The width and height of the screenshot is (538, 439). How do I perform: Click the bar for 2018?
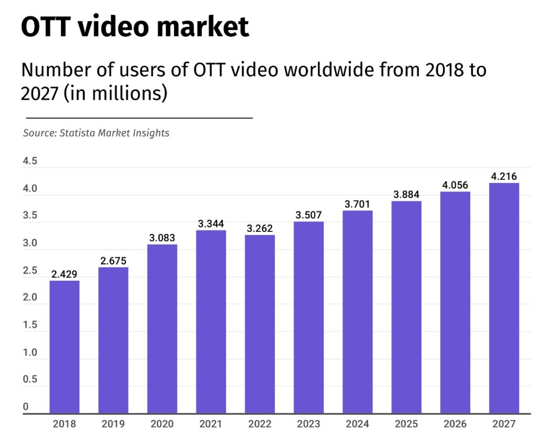(x=65, y=347)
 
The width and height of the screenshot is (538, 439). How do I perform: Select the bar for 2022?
(x=260, y=324)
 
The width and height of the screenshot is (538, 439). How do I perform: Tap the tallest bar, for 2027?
(x=504, y=298)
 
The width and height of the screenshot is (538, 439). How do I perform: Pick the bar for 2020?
(x=162, y=329)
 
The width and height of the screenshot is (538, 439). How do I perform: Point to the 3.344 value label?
(x=211, y=224)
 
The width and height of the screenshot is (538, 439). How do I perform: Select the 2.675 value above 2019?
(x=113, y=261)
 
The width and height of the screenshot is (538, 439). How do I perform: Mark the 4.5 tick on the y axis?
(x=30, y=161)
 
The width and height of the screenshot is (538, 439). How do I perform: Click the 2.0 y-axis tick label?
(x=30, y=298)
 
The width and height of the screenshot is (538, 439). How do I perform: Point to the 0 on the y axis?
(x=25, y=406)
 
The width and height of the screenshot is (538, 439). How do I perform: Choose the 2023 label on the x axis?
(x=308, y=424)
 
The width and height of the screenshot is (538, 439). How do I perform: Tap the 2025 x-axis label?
(x=406, y=424)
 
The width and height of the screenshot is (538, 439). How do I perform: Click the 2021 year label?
(x=211, y=424)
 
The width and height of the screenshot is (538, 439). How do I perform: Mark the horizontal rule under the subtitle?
(x=139, y=118)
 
